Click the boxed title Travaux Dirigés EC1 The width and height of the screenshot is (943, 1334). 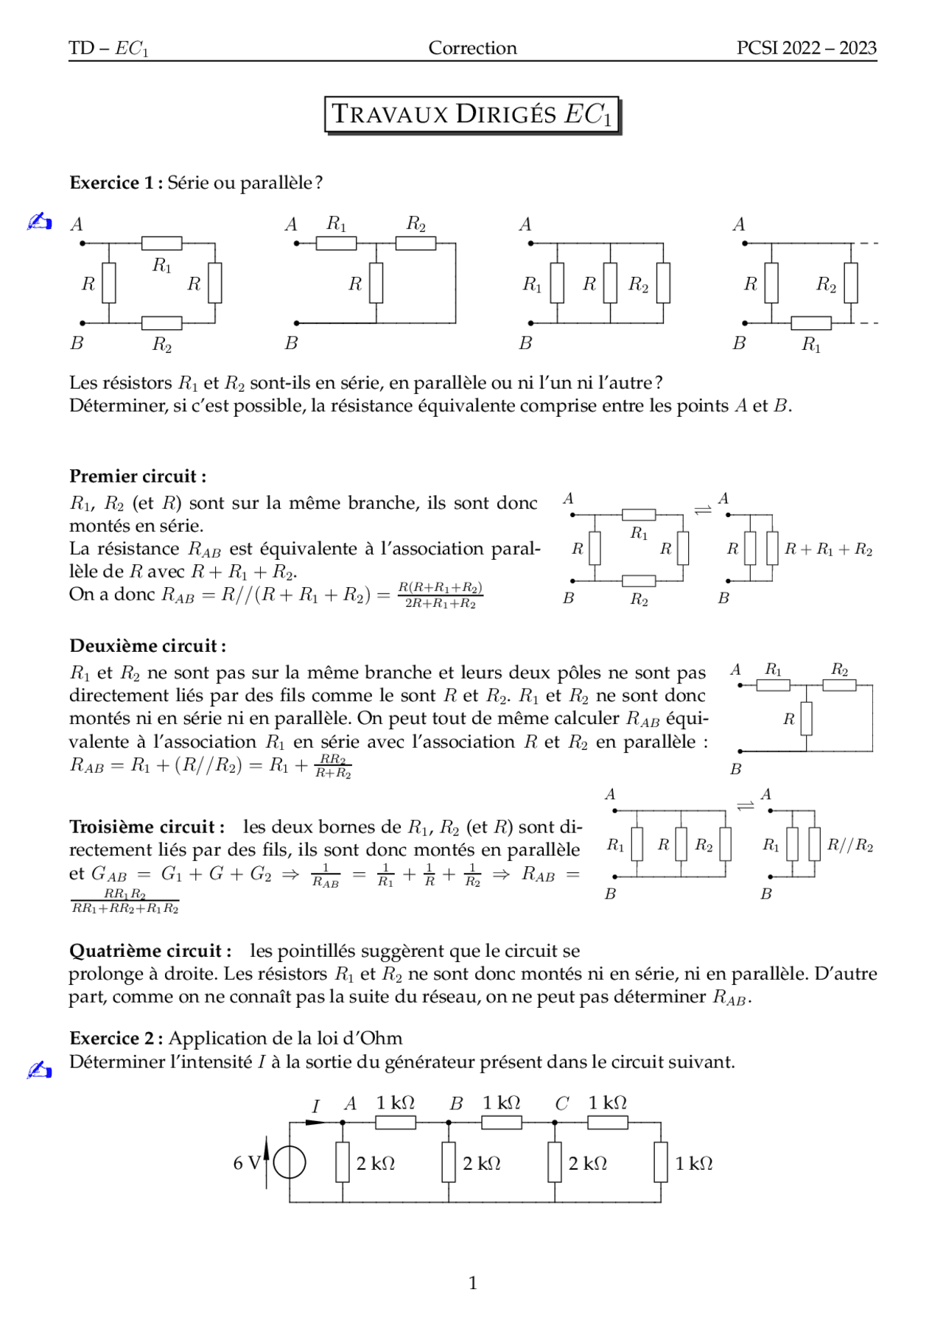[x=471, y=114]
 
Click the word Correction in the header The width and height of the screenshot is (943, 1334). [x=472, y=48]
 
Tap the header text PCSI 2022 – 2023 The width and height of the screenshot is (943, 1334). [x=806, y=48]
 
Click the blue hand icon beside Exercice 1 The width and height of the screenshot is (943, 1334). [x=39, y=221]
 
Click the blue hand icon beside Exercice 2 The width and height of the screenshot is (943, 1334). [x=39, y=1070]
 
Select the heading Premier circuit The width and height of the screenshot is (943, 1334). [x=137, y=476]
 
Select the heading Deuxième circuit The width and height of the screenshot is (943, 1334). [x=147, y=646]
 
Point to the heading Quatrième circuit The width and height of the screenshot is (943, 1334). [x=150, y=951]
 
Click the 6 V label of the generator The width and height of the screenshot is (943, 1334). [x=246, y=1163]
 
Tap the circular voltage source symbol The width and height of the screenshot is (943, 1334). [x=290, y=1163]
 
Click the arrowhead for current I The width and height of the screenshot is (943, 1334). [x=315, y=1123]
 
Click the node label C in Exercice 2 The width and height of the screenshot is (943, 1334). [x=561, y=1103]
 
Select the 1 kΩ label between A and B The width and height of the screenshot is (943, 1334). [x=396, y=1103]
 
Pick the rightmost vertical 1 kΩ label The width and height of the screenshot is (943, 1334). [x=694, y=1163]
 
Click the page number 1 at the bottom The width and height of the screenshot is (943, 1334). [x=472, y=1283]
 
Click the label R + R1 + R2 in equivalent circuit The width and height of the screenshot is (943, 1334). [x=828, y=550]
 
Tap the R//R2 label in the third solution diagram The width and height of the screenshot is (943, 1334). [x=849, y=845]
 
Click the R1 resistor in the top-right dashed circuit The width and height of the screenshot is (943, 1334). [x=811, y=323]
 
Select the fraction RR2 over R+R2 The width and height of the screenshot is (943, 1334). [x=333, y=766]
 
